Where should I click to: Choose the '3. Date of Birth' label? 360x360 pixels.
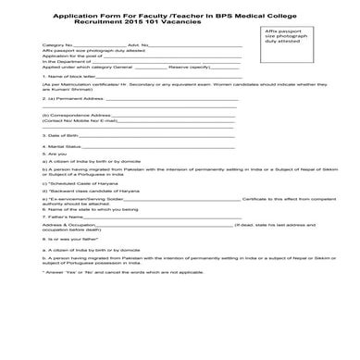61,160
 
